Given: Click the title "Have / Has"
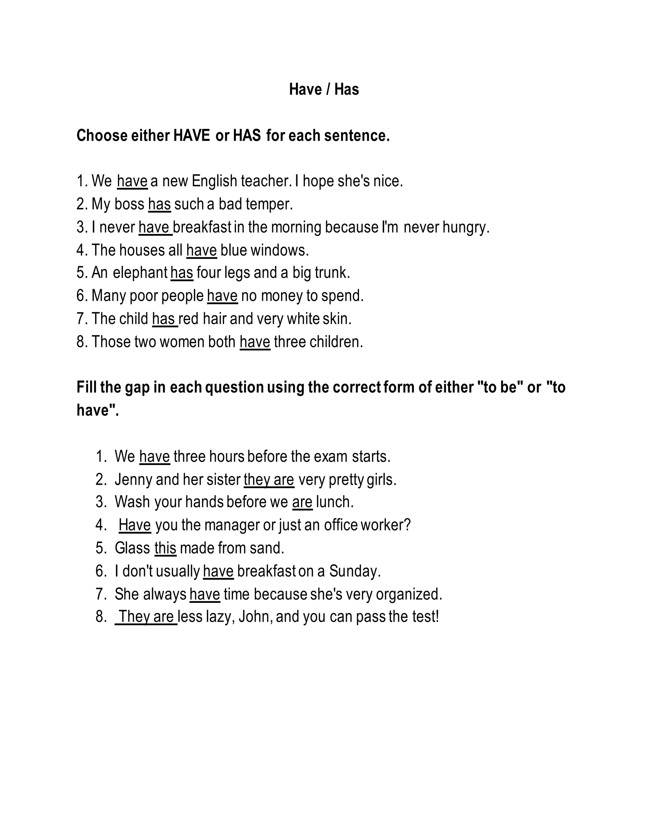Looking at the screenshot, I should click(x=324, y=89).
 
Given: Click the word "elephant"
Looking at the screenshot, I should click(x=140, y=273).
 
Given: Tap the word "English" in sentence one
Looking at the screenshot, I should click(x=214, y=181).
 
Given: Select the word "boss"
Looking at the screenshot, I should click(x=129, y=204).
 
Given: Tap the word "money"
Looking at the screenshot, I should click(x=281, y=296).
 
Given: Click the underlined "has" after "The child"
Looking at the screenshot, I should click(x=164, y=319).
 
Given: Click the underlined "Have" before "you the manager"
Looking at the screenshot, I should click(x=135, y=525).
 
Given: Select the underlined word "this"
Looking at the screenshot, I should click(x=165, y=548).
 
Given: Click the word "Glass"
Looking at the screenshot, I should click(x=132, y=548).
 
